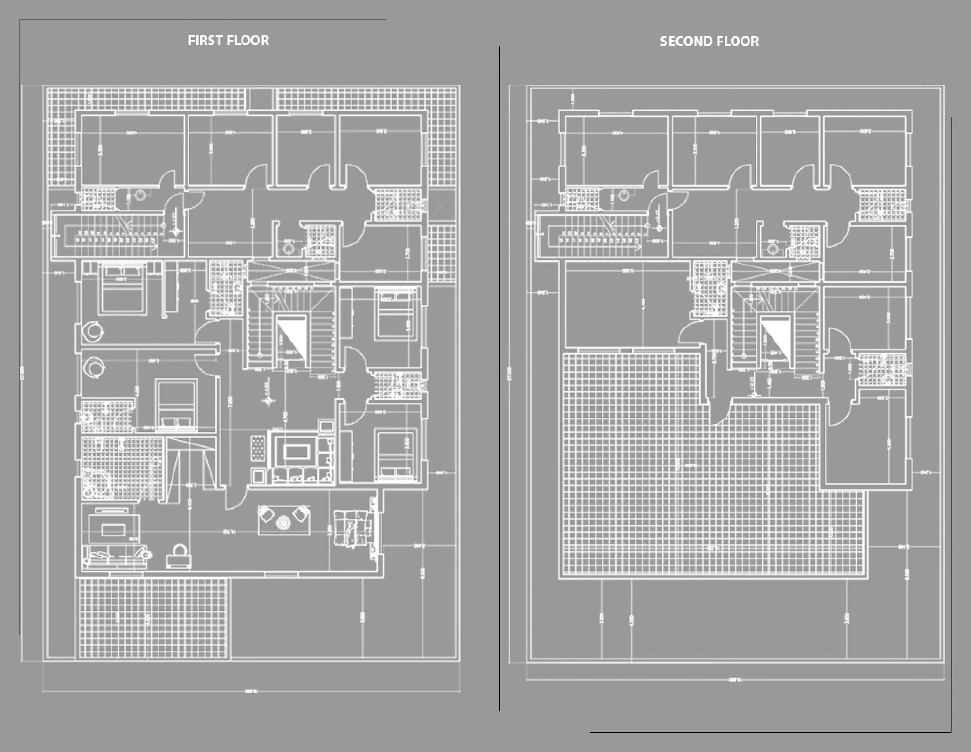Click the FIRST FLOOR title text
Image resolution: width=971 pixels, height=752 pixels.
(228, 40)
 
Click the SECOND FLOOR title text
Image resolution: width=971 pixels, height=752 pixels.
(709, 41)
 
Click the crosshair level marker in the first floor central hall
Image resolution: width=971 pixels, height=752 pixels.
(268, 401)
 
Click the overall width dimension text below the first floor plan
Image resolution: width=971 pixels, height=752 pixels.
(251, 691)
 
